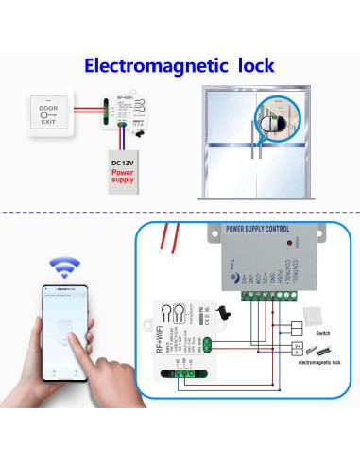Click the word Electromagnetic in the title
[x=153, y=66]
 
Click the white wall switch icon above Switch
[x=315, y=318]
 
